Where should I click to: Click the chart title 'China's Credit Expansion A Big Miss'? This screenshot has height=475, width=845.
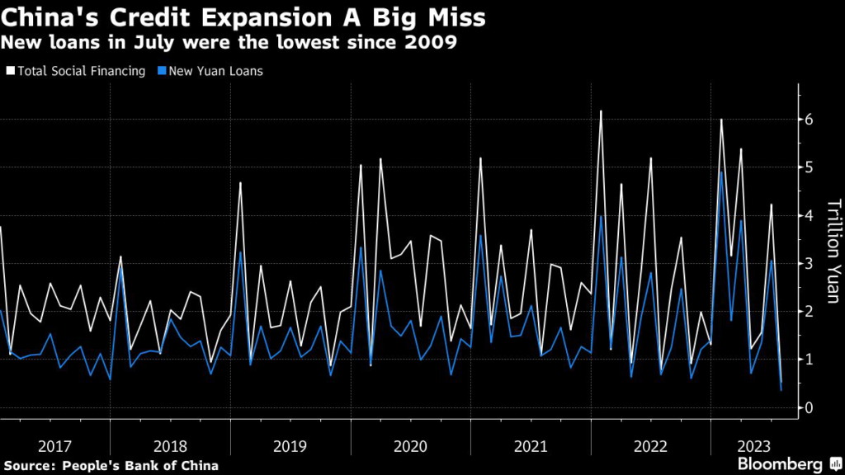243,17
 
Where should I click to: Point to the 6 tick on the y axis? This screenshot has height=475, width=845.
810,120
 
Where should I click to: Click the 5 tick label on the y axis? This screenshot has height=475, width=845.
810,167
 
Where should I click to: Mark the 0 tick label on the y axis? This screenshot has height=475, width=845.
810,407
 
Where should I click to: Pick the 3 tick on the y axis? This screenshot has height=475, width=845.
810,263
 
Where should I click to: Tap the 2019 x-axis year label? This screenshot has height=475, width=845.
290,447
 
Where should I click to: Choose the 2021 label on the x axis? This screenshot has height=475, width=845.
531,447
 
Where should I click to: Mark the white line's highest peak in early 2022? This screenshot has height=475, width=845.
601,111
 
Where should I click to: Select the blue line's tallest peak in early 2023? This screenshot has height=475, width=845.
721,172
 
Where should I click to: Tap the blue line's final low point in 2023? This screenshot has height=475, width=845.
781,389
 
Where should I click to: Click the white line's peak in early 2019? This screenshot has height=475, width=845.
240,182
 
